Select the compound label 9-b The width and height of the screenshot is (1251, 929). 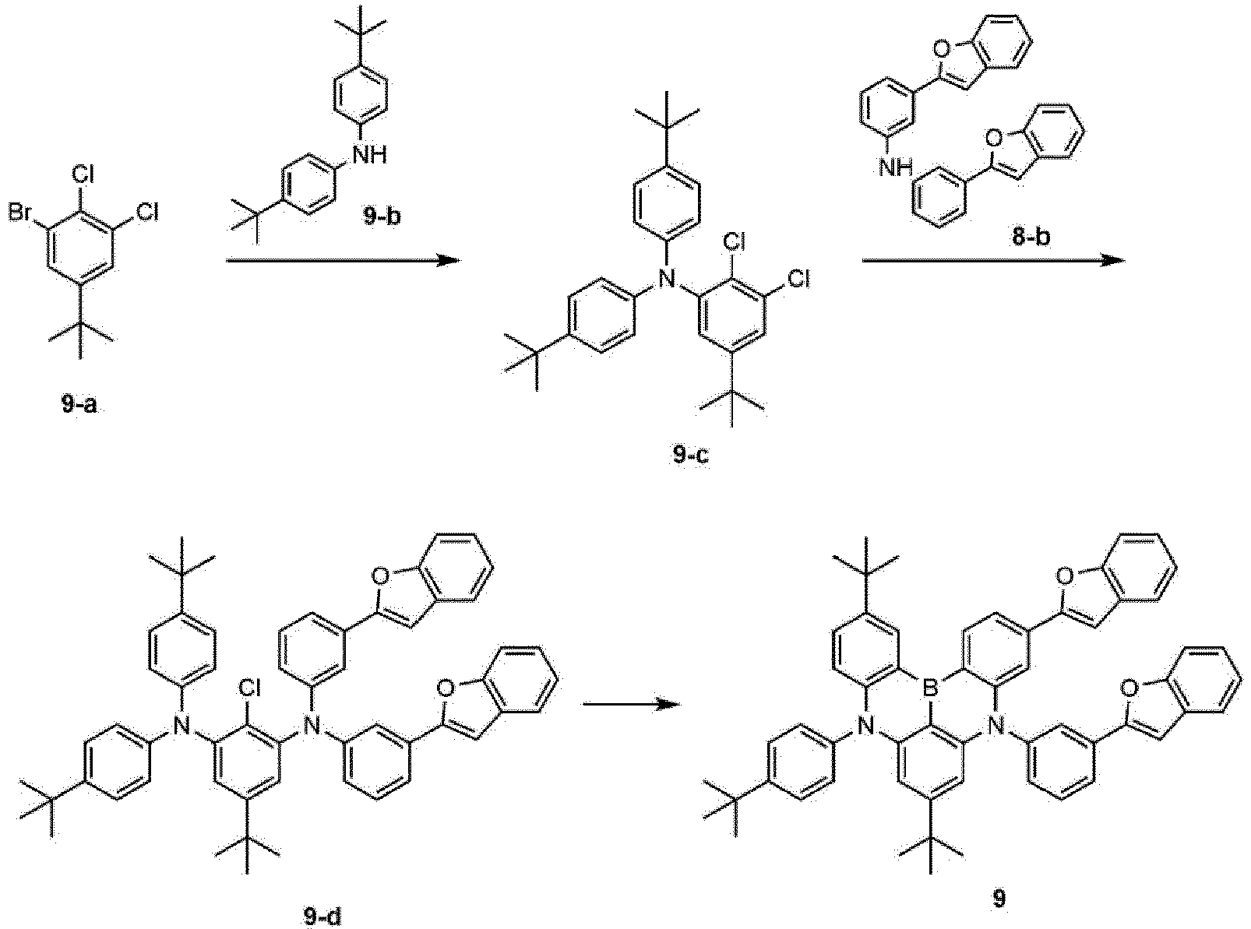(382, 216)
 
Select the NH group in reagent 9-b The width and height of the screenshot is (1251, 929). (369, 153)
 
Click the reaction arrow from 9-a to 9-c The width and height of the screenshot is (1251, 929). (344, 260)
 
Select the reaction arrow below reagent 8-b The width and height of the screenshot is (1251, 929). (994, 260)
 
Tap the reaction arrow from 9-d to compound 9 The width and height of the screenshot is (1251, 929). (632, 704)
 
